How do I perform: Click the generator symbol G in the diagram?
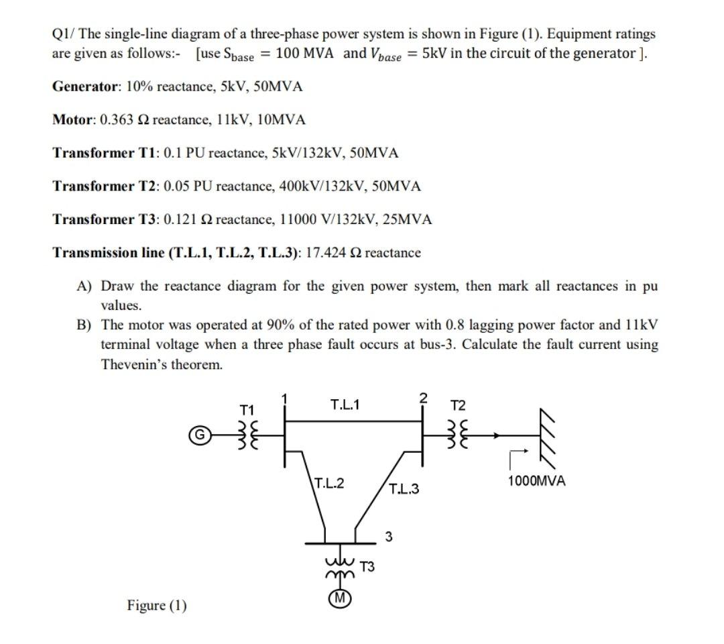tap(199, 434)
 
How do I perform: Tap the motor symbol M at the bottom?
tap(341, 598)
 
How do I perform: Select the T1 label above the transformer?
tap(247, 409)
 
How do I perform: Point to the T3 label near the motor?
tap(368, 567)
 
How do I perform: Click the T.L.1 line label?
tap(345, 404)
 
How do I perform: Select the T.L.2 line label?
tap(329, 483)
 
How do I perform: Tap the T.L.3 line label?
tap(404, 489)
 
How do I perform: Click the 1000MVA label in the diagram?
tap(536, 481)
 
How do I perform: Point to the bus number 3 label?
tap(389, 536)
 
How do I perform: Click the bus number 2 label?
tap(422, 397)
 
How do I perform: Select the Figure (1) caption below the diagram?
tap(157, 606)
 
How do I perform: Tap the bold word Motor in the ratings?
tap(72, 120)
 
